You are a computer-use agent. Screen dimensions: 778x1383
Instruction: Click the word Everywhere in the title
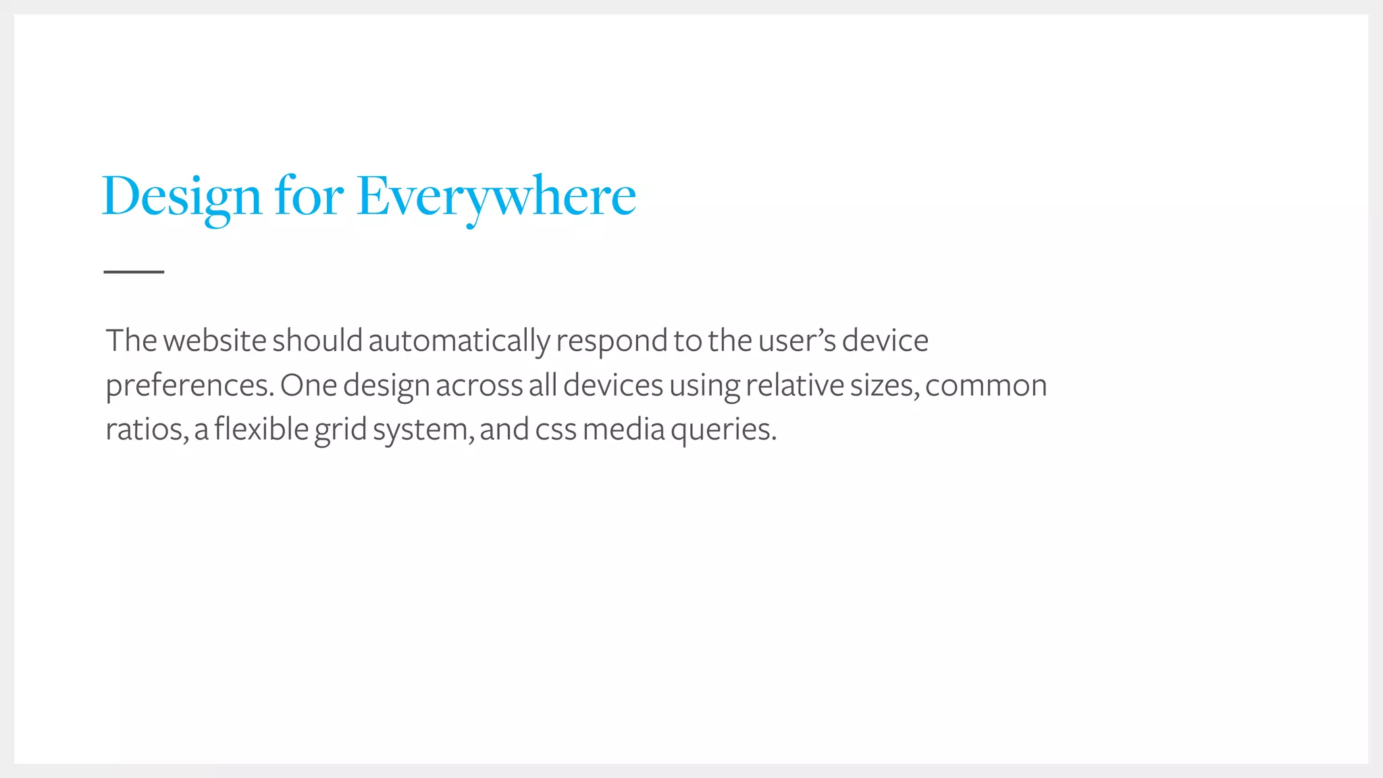(x=496, y=197)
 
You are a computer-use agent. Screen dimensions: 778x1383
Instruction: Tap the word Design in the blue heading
(x=182, y=197)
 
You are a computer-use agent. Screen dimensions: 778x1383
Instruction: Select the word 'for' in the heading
(x=309, y=197)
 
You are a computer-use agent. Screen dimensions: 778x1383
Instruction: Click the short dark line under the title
(x=134, y=271)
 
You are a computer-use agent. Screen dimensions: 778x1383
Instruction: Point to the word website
(x=215, y=340)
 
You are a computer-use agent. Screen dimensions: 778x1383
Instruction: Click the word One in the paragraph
(x=309, y=385)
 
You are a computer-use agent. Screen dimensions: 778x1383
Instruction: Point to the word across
(x=479, y=386)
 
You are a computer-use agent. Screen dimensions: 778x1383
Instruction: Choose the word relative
(x=794, y=385)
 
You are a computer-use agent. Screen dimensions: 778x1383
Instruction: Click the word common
(x=986, y=386)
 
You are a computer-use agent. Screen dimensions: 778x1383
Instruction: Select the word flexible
(x=261, y=429)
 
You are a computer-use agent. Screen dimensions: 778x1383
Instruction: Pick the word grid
(x=340, y=430)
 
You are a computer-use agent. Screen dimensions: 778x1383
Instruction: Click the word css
(x=556, y=430)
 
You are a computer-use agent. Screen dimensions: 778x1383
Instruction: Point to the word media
(x=623, y=429)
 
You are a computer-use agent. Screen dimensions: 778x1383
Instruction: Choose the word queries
(x=723, y=430)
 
